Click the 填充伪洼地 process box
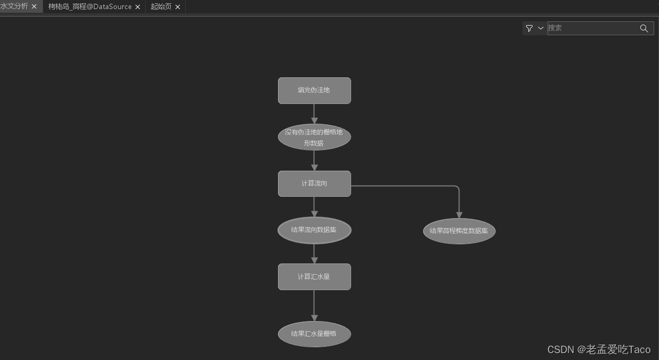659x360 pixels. (x=314, y=91)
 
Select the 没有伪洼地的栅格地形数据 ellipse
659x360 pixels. (x=314, y=137)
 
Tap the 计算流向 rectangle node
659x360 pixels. (x=314, y=183)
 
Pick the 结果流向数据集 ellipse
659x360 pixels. (x=314, y=230)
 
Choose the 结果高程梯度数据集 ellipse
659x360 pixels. (x=459, y=231)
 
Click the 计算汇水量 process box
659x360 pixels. (x=314, y=277)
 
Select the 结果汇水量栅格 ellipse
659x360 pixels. (x=314, y=334)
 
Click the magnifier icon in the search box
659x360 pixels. (x=644, y=28)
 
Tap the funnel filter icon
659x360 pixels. (x=529, y=28)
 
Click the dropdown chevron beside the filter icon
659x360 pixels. (x=541, y=28)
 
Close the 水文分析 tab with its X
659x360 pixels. (x=34, y=6)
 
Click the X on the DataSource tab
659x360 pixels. (x=138, y=7)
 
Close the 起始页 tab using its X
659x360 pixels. (x=178, y=7)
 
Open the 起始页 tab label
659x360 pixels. (x=161, y=7)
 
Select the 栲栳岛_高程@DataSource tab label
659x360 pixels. (x=90, y=7)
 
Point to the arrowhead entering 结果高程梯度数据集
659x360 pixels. (x=459, y=215)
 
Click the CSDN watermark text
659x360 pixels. (x=599, y=349)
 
